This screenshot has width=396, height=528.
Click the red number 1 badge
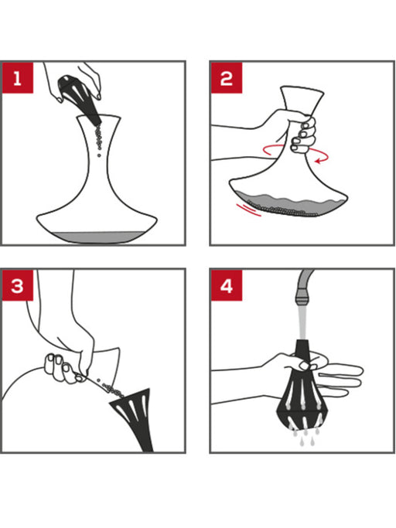[x=18, y=78]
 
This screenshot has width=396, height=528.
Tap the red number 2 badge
[x=227, y=78]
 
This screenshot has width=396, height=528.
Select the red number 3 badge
[x=18, y=285]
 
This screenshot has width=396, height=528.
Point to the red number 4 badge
[x=227, y=285]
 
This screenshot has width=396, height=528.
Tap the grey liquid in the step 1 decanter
[x=96, y=237]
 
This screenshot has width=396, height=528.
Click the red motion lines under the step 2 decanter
[x=248, y=209]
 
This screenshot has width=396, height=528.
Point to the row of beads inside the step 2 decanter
[x=281, y=209]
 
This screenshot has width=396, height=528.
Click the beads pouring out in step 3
[x=110, y=387]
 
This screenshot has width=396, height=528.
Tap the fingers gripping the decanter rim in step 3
[x=63, y=368]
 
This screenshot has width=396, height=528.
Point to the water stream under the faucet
[x=302, y=322]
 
